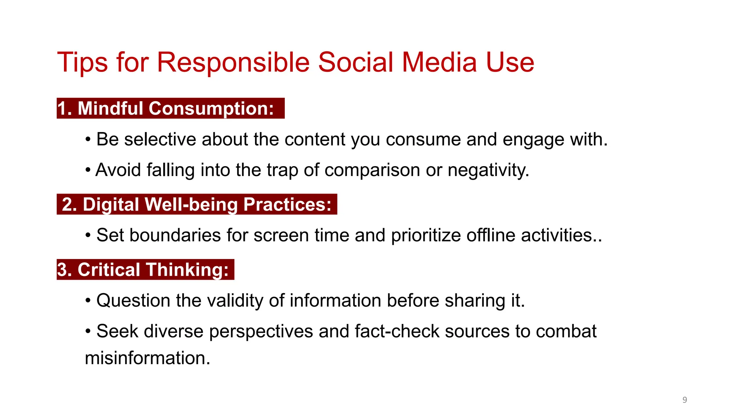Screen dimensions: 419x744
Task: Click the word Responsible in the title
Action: tap(233, 63)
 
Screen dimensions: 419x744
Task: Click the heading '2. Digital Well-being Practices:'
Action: tap(197, 204)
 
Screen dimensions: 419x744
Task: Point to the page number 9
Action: tap(684, 400)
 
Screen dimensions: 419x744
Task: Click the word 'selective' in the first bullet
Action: tap(160, 139)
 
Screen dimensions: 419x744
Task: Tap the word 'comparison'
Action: tap(372, 170)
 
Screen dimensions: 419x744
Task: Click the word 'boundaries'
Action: tap(175, 235)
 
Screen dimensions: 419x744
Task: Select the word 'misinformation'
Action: tap(147, 358)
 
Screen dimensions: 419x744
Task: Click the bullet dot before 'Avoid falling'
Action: tap(88, 170)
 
